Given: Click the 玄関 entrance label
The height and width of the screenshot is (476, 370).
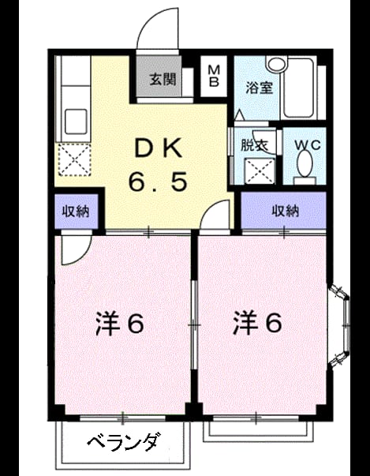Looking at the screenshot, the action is [163, 80].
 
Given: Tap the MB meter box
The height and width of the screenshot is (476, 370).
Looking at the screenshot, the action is [214, 77].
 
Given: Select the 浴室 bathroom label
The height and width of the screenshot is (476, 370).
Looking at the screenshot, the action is [260, 88].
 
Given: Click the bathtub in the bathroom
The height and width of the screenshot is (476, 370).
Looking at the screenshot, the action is [299, 88].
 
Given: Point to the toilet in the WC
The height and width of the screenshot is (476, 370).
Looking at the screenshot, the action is [305, 167].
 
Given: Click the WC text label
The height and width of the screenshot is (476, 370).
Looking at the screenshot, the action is [308, 145].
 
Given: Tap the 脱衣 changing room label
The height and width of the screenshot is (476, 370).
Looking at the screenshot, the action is [254, 146].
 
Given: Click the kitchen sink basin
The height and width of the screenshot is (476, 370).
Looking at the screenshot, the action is [76, 121].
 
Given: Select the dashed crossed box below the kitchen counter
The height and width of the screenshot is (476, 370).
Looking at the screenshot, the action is [75, 159].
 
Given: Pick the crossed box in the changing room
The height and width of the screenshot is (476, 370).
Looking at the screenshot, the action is [260, 171].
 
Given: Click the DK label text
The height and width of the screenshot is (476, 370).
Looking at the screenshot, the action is [159, 148].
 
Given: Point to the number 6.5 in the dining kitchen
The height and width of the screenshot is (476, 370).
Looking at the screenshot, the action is [158, 182].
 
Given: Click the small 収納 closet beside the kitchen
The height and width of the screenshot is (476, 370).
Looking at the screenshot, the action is [76, 212].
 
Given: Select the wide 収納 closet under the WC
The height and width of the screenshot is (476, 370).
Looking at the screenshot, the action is [283, 210].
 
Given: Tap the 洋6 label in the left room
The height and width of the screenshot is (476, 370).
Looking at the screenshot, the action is [119, 324].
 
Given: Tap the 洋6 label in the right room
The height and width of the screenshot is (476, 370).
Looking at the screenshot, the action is [257, 324].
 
